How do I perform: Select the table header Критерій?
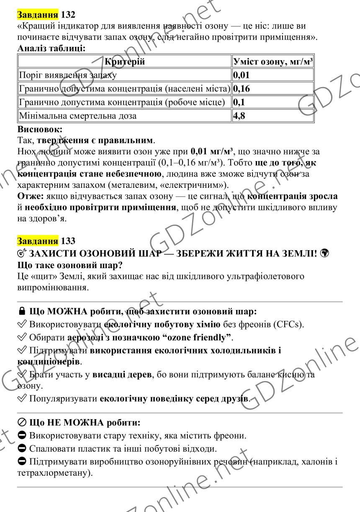click(124, 62)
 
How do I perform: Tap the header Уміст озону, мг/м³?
click(273, 62)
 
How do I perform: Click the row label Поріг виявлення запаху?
click(67, 75)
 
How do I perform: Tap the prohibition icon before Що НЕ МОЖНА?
click(22, 424)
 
